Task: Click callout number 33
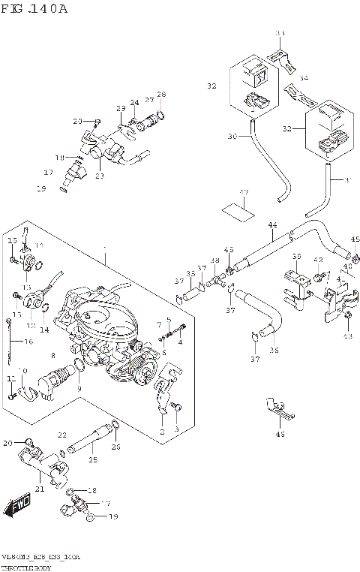[x=280, y=34]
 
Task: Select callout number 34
[x=303, y=78]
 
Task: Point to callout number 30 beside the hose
[x=232, y=137]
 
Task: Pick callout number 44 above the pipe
[x=272, y=225]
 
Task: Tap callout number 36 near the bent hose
[x=274, y=349]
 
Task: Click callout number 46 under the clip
[x=280, y=434]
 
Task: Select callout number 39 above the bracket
[x=297, y=257]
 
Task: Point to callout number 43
[x=347, y=336]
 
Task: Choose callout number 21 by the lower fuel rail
[x=40, y=489]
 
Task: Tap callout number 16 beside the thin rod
[x=28, y=342]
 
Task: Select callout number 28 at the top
[x=160, y=94]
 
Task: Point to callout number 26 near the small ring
[x=115, y=447]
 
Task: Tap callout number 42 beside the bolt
[x=318, y=260]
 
